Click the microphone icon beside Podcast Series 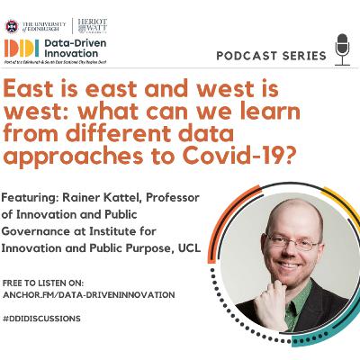(341, 50)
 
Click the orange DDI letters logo (22, 48)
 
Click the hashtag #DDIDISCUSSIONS (42, 319)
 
